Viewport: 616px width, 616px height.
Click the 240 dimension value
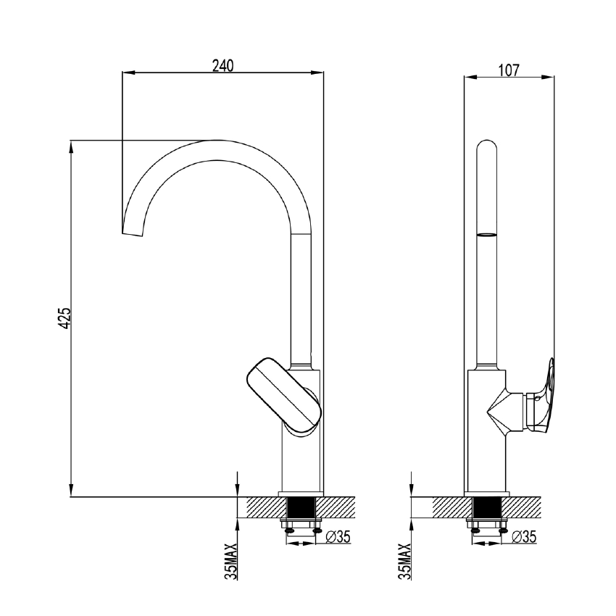point(222,65)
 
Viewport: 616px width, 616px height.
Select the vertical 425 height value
point(64,318)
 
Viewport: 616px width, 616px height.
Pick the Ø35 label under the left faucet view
point(338,537)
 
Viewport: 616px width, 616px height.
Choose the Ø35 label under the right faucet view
point(523,537)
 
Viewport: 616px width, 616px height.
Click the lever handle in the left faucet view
point(283,395)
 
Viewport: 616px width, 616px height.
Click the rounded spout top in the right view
point(486,149)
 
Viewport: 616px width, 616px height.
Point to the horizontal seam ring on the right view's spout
point(486,234)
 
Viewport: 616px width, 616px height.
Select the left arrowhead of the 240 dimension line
point(128,71)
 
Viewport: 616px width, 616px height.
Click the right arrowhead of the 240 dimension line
point(319,71)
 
